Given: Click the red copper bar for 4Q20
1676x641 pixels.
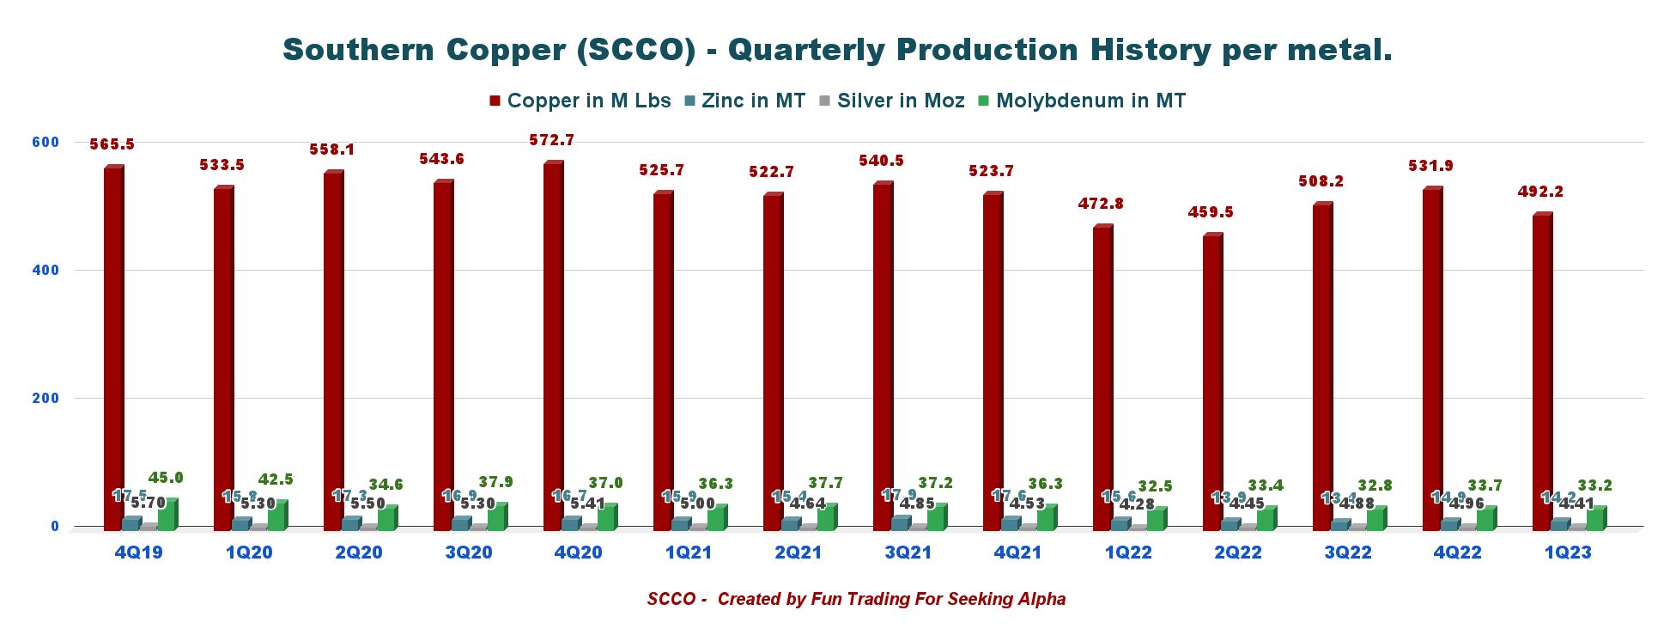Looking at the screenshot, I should [x=553, y=344].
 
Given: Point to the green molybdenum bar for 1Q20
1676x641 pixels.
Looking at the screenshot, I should [x=276, y=516].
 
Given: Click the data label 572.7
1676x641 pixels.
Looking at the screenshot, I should [x=552, y=140].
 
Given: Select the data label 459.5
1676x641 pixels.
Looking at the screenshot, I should [x=1211, y=212].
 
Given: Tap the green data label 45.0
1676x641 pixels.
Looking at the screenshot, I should [x=166, y=478].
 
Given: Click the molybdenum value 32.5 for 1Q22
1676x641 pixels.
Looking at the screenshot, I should [x=1155, y=486].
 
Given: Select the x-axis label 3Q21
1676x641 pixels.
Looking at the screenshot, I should [x=908, y=552].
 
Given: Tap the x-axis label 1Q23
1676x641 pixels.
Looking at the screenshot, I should [x=1568, y=552].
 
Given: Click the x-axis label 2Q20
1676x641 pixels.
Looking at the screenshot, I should [x=359, y=552].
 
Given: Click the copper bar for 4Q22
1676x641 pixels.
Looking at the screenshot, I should [x=1432, y=361].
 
